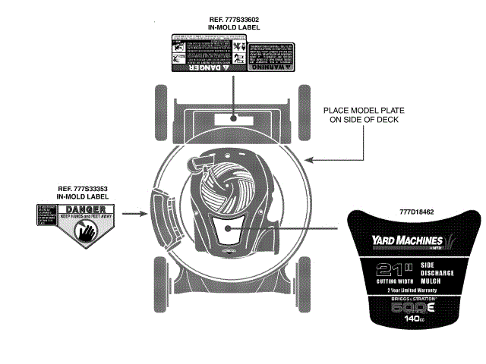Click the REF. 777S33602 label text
(233, 20)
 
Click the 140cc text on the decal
(413, 319)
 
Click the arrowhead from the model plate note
(308, 160)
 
